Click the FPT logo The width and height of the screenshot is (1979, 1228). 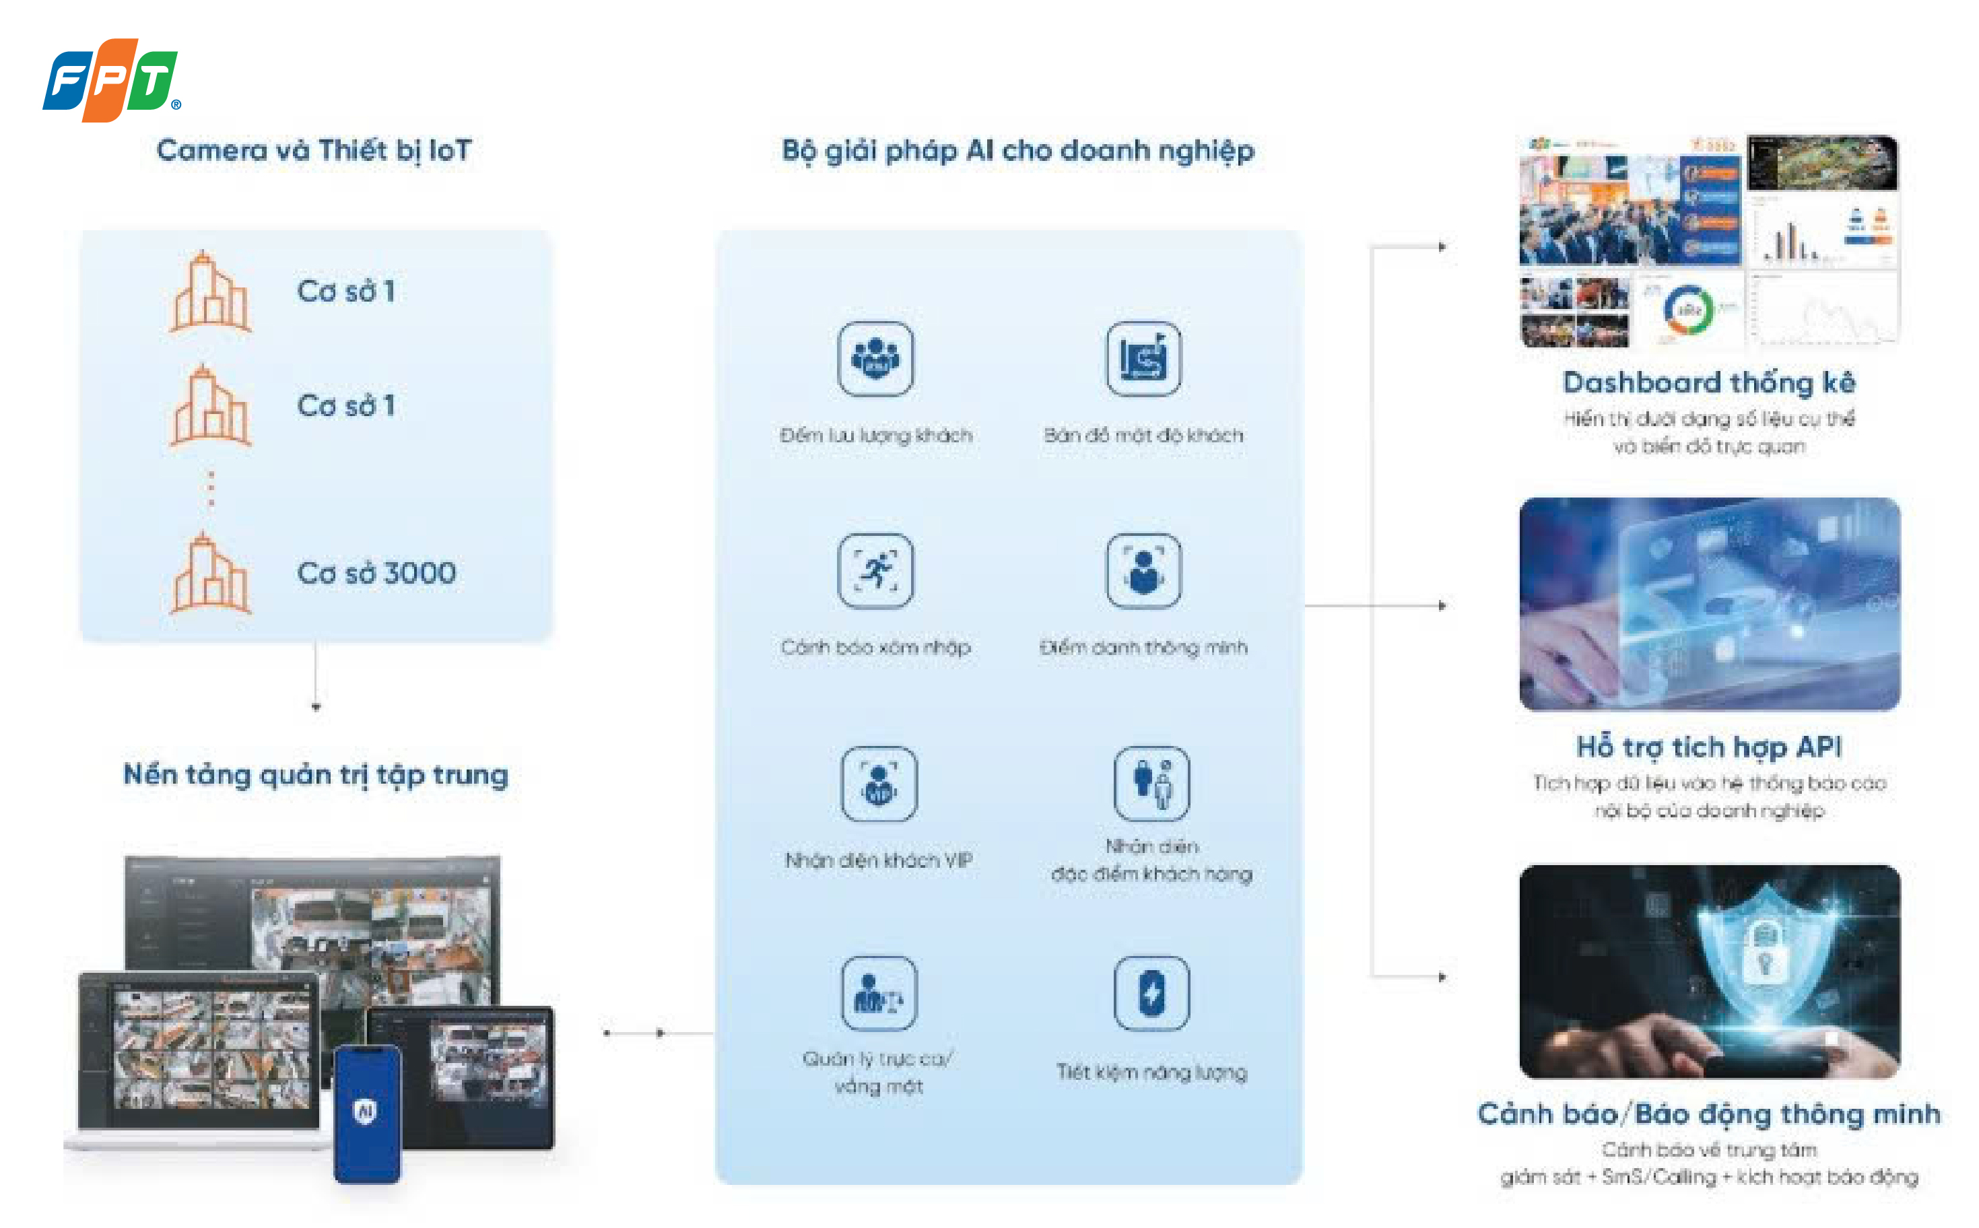point(110,79)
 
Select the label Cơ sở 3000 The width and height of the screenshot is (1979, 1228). point(376,574)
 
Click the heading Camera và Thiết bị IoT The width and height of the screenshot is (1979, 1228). point(314,150)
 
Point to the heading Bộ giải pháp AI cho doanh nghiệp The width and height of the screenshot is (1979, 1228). point(1017,150)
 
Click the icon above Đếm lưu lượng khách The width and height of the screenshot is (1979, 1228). point(875,358)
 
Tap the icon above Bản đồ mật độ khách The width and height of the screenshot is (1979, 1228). point(1143,358)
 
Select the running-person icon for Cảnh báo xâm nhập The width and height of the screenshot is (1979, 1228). point(875,570)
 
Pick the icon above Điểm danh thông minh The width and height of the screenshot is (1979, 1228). point(1143,570)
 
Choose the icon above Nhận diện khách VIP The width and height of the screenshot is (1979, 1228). point(878,783)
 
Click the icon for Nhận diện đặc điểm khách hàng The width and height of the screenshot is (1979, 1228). point(1151,783)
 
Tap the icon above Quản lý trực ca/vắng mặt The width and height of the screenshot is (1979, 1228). point(878,992)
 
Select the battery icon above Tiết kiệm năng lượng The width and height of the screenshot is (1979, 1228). point(1151,992)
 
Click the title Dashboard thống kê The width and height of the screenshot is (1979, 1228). point(1708,382)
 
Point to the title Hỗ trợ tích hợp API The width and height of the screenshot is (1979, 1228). point(1708,747)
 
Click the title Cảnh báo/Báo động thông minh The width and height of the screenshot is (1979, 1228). point(1708,1114)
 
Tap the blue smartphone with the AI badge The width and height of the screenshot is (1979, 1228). point(367,1113)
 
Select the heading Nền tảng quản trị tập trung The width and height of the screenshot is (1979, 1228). point(315,775)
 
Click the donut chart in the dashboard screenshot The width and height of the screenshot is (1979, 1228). point(1688,310)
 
